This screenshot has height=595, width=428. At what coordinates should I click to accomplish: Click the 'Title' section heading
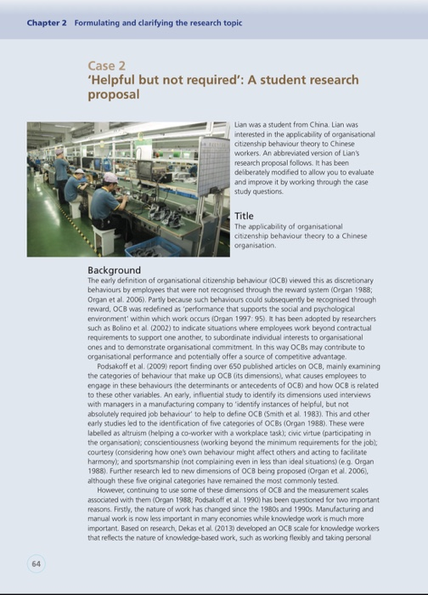pyautogui.click(x=244, y=216)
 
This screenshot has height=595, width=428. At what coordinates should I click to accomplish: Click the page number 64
pyautogui.click(x=34, y=562)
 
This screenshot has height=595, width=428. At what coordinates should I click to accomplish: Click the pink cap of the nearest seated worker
pyautogui.click(x=110, y=177)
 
